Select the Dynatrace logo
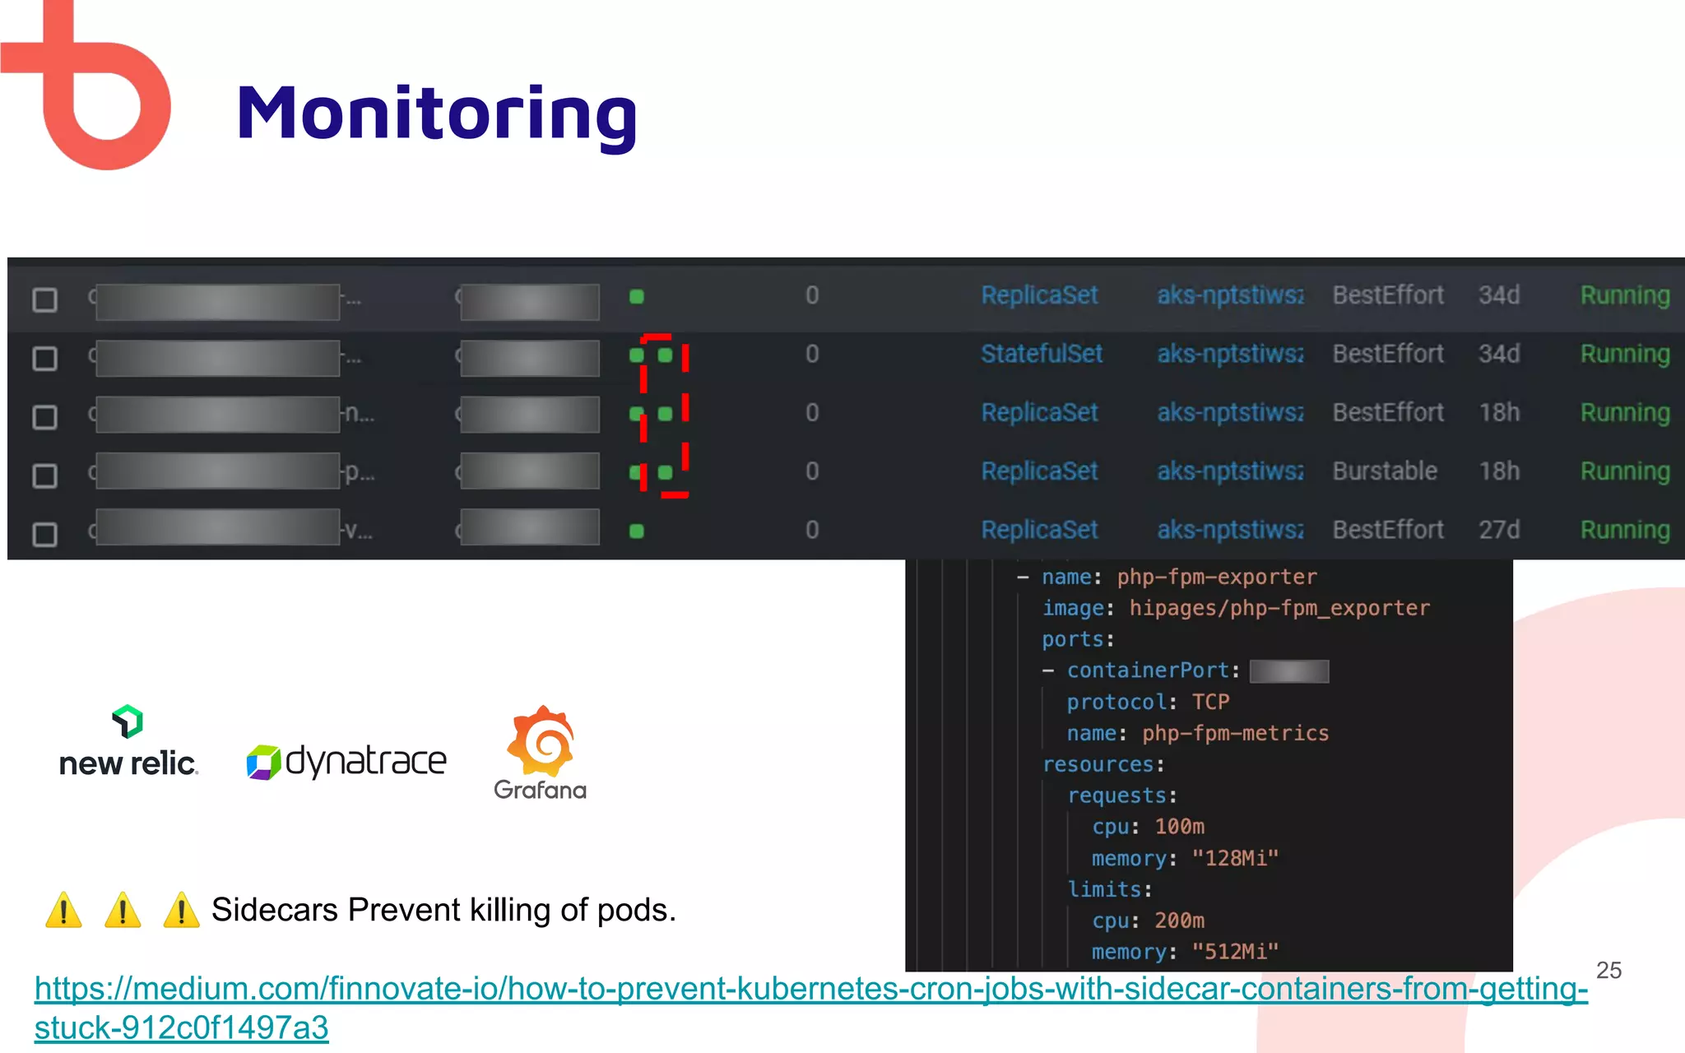[x=346, y=762]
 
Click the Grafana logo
[x=541, y=753]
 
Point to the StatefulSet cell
[x=1041, y=355]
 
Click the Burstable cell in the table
[x=1385, y=471]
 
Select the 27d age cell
[x=1498, y=530]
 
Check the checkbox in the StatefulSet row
[x=44, y=359]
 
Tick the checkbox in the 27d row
[x=44, y=535]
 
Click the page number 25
[x=1608, y=971]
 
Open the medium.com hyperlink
[x=810, y=989]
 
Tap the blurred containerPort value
[x=1288, y=671]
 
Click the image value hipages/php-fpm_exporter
[x=1279, y=609]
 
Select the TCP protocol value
[x=1210, y=703]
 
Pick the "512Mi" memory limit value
[x=1235, y=953]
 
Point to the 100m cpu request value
[x=1179, y=827]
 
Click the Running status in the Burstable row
[x=1625, y=471]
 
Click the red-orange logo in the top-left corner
[x=91, y=90]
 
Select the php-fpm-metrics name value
[x=1235, y=734]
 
